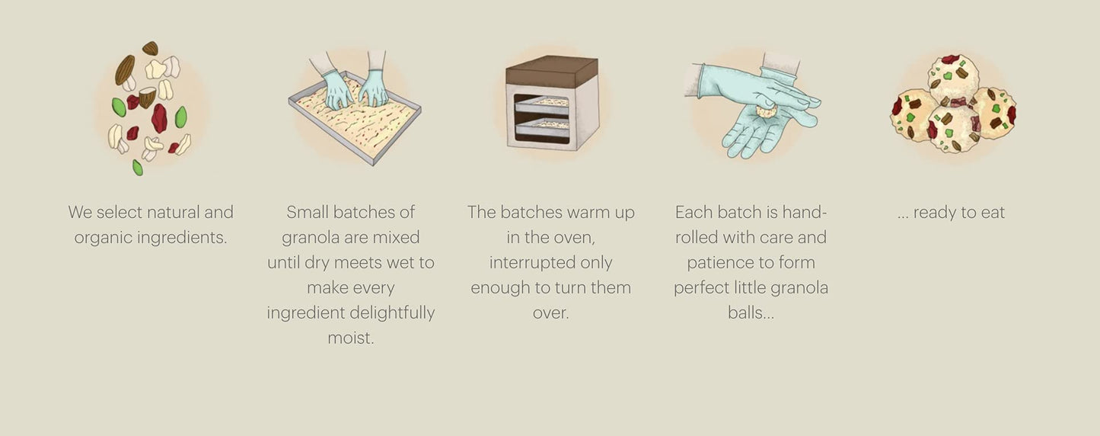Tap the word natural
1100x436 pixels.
click(173, 213)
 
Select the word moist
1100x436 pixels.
click(351, 338)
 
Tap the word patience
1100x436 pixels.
click(718, 263)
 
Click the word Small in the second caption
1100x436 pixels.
click(308, 213)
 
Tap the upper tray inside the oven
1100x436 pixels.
click(541, 104)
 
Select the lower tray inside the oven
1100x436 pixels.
click(542, 128)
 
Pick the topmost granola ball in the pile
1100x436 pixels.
click(953, 79)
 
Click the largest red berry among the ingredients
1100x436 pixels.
click(159, 118)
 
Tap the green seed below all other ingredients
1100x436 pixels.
click(138, 168)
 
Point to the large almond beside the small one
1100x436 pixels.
click(125, 70)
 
